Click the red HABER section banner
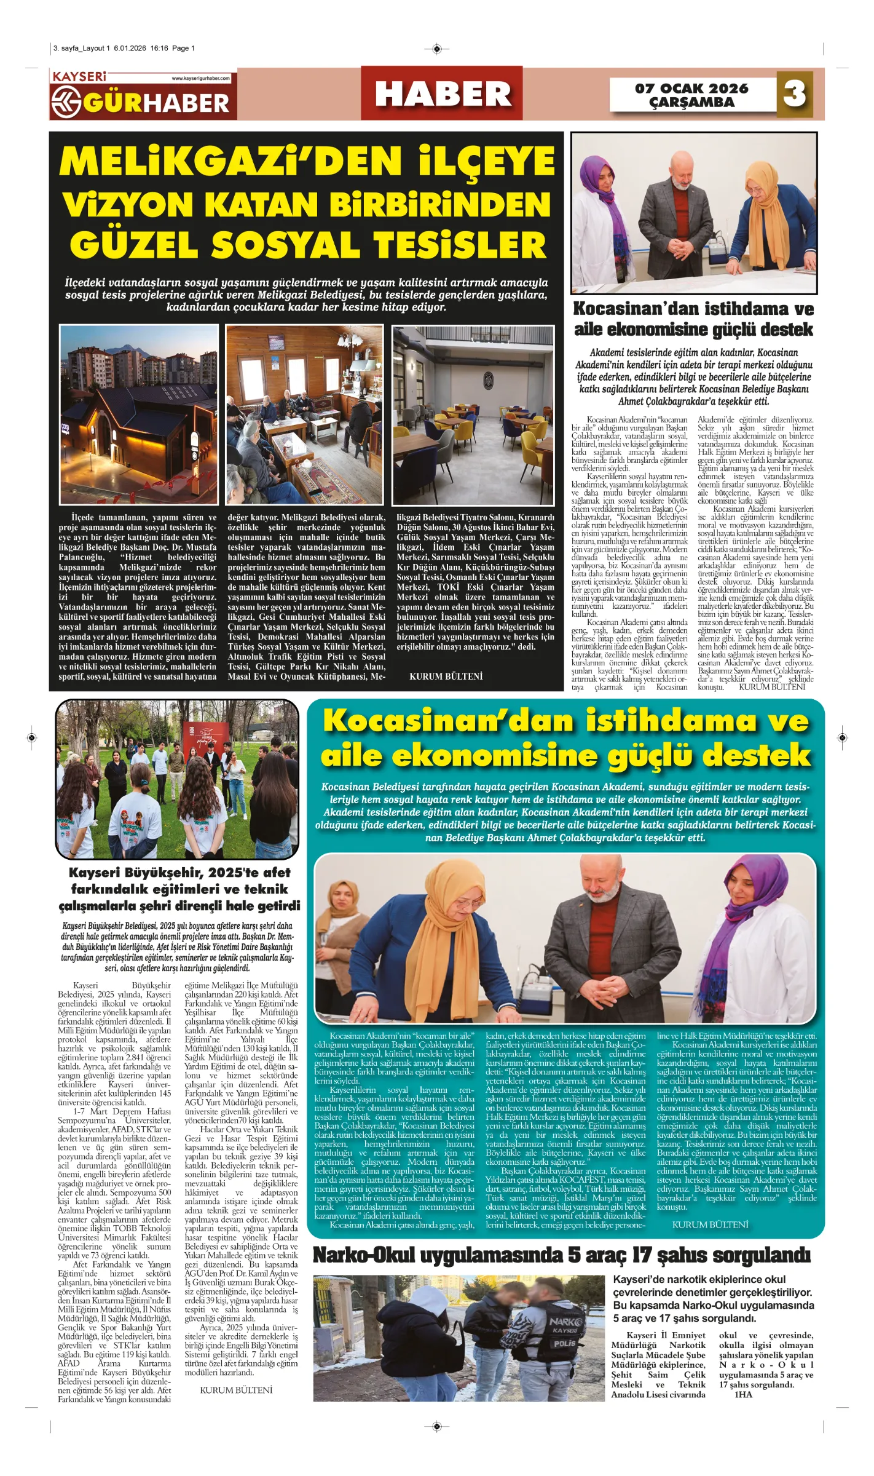click(x=442, y=93)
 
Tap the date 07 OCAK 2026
click(x=691, y=88)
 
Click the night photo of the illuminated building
click(x=138, y=415)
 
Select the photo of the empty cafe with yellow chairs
click(x=473, y=415)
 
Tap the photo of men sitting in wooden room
click(x=305, y=415)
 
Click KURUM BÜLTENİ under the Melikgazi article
click(x=446, y=676)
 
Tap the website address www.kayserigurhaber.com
click(x=201, y=79)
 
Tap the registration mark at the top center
click(x=436, y=49)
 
